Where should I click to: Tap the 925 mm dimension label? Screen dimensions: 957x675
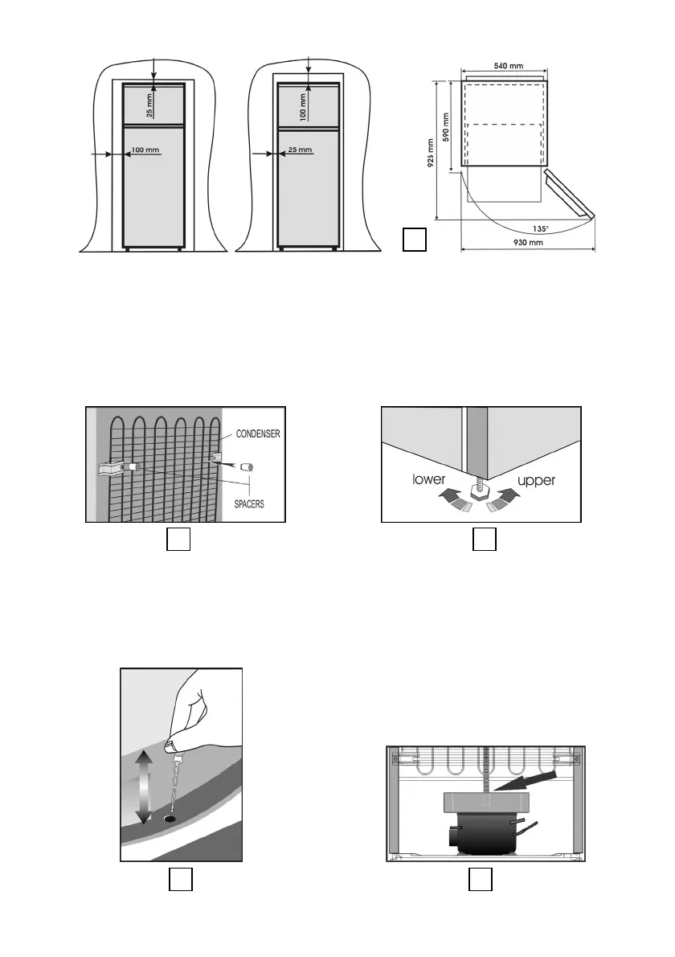430,148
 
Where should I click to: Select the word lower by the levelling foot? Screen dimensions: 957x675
430,479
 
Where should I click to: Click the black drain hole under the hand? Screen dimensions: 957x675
170,819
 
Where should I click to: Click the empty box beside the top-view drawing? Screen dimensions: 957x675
413,240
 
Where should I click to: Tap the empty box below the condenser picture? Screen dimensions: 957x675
178,541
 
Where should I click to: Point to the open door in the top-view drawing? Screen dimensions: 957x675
570,193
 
